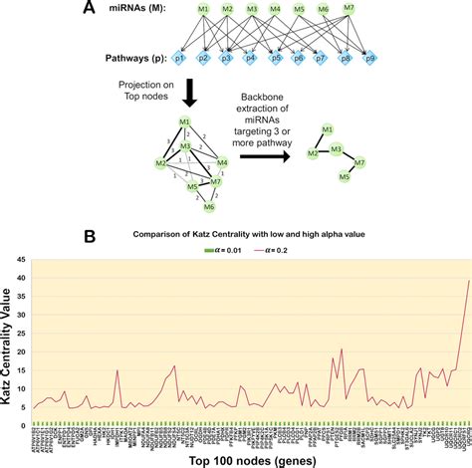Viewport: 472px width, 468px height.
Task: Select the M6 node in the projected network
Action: click(x=210, y=207)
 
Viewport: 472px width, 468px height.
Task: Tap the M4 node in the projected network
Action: click(x=222, y=162)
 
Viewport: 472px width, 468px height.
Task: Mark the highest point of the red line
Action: click(x=468, y=280)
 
